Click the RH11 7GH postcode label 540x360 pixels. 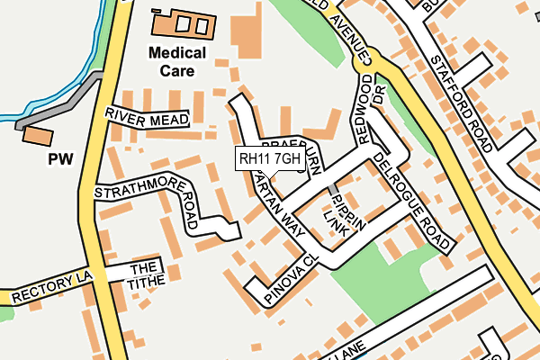click(270, 159)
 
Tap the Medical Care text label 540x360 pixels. click(177, 61)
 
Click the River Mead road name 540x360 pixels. click(146, 116)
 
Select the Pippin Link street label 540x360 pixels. click(345, 214)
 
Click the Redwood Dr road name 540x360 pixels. click(369, 108)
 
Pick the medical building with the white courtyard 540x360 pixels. click(185, 23)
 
